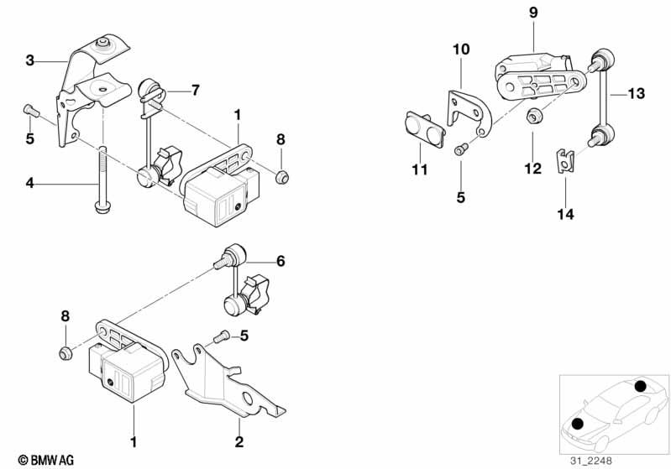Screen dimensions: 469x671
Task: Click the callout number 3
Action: click(30, 60)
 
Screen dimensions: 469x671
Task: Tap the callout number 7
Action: click(196, 89)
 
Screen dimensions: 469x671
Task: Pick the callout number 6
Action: click(280, 262)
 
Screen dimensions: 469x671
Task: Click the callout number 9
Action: click(532, 13)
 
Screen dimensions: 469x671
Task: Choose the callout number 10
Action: click(461, 50)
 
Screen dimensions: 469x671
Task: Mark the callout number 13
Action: click(636, 94)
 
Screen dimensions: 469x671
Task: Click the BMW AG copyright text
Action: click(40, 460)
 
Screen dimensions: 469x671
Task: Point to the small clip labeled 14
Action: click(566, 159)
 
